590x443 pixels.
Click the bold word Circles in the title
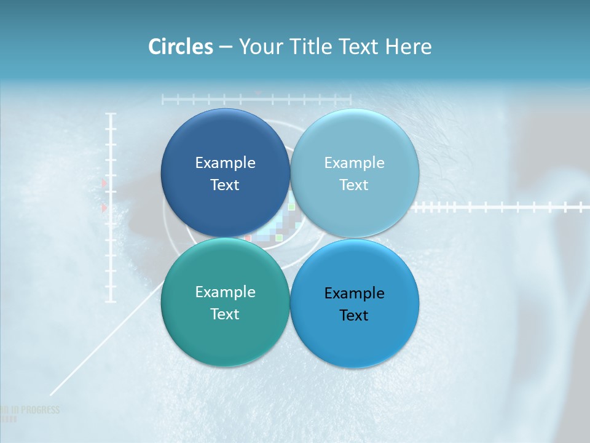pyautogui.click(x=181, y=47)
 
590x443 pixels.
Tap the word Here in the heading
pyautogui.click(x=408, y=47)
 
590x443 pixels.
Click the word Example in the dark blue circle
pyautogui.click(x=225, y=162)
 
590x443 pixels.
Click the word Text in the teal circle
pyautogui.click(x=225, y=314)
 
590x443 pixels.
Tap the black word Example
pyautogui.click(x=355, y=293)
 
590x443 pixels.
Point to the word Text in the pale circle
pyautogui.click(x=354, y=185)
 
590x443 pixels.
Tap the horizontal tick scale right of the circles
pyautogui.click(x=498, y=207)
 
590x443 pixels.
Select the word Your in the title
pyautogui.click(x=258, y=47)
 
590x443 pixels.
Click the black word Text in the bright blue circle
pyautogui.click(x=354, y=315)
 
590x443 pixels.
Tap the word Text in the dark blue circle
pyautogui.click(x=225, y=185)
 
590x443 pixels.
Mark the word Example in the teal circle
pyautogui.click(x=225, y=292)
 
